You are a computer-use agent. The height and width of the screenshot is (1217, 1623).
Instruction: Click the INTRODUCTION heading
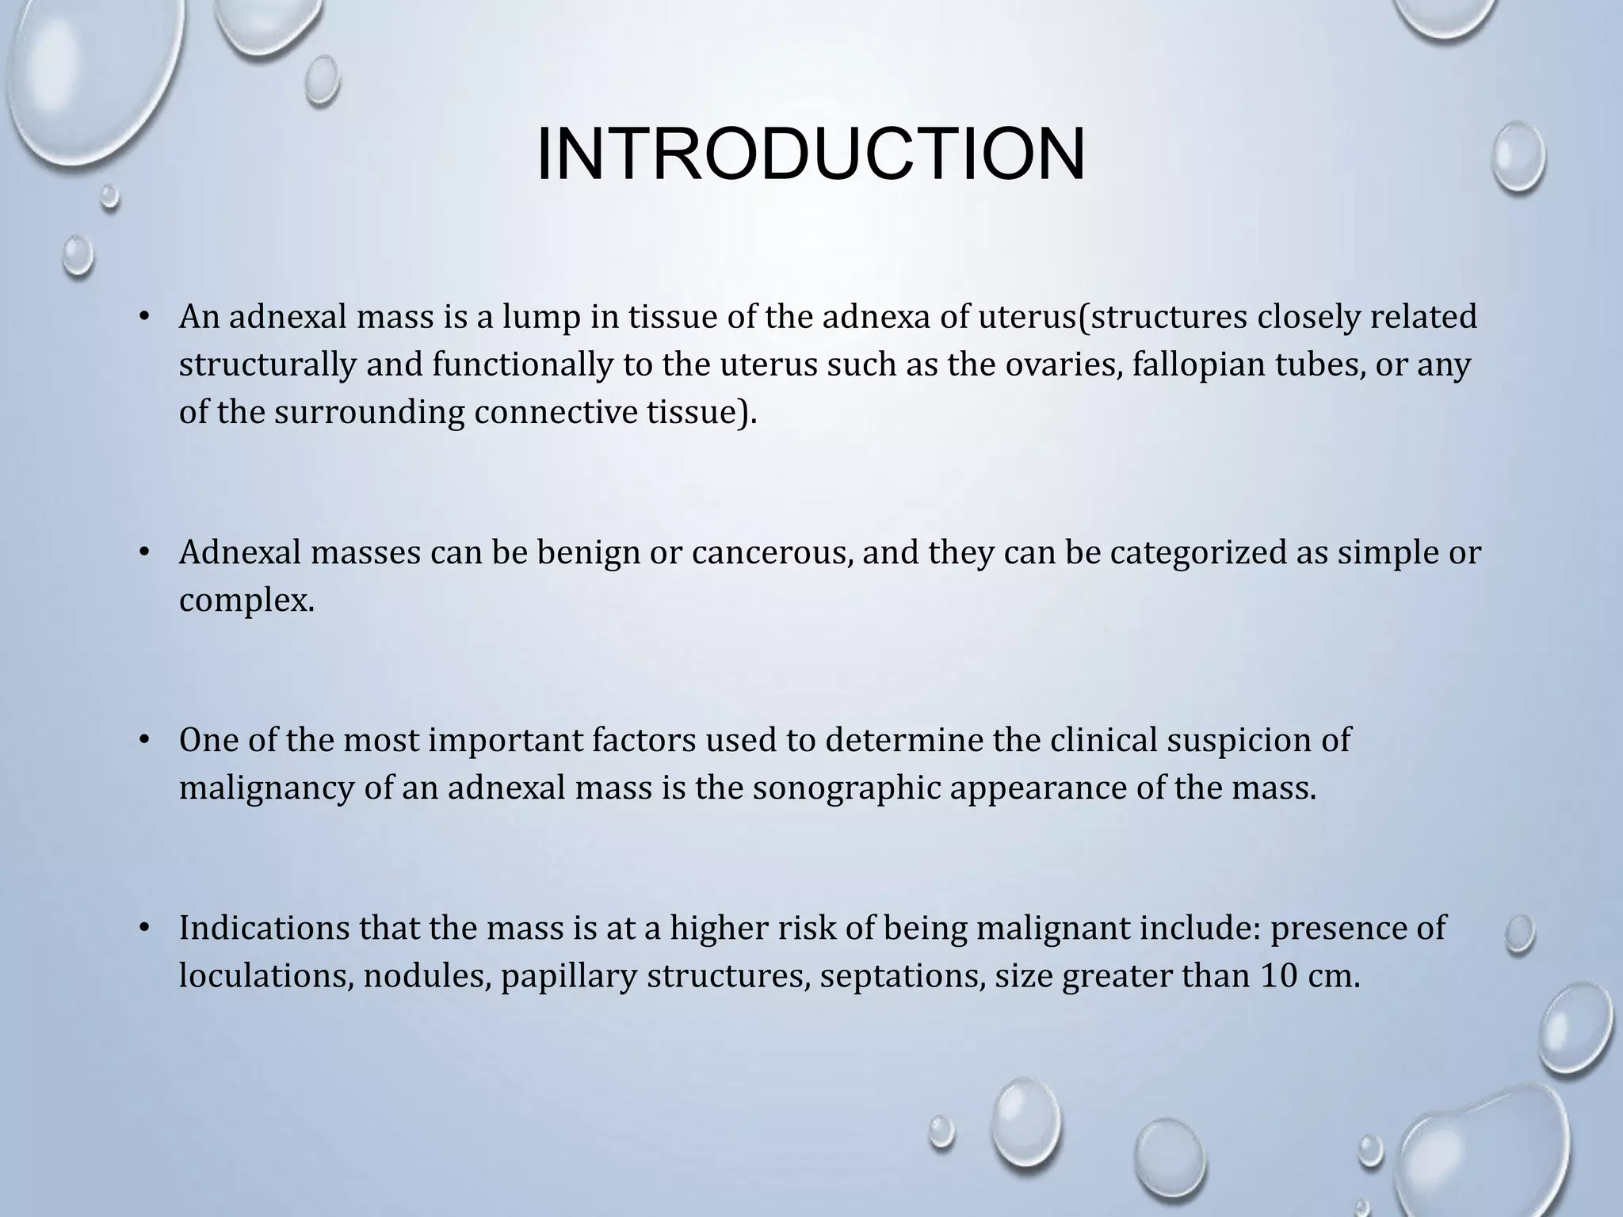click(x=811, y=154)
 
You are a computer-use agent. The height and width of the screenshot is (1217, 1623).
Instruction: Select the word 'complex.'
click(x=246, y=601)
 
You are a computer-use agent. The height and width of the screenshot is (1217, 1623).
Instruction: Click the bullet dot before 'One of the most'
click(x=143, y=740)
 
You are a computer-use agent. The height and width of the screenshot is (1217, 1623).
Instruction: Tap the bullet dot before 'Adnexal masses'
click(x=143, y=553)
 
